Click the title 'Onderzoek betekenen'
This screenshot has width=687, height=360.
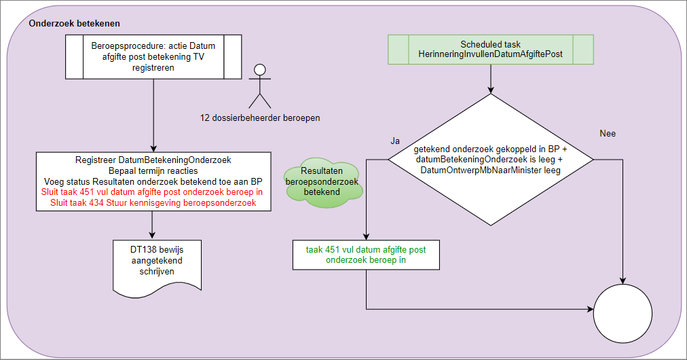point(75,23)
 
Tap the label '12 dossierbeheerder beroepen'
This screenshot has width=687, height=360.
point(260,118)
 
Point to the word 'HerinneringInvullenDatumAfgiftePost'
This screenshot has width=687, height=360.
point(491,54)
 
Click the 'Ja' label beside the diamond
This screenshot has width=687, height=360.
point(395,141)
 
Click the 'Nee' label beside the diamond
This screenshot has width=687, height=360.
point(608,134)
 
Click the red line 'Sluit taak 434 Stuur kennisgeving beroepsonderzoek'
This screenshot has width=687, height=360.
point(153,203)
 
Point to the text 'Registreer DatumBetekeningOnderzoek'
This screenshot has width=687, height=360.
point(153,160)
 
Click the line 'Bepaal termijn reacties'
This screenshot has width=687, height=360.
point(153,170)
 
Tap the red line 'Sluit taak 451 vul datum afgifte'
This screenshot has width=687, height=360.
point(153,192)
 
